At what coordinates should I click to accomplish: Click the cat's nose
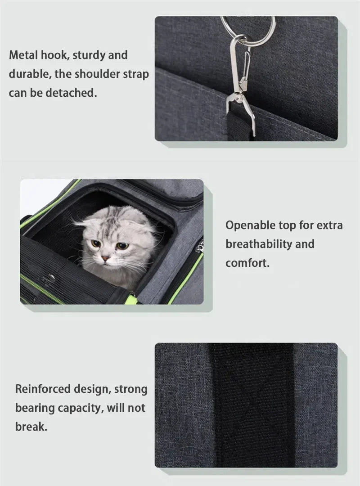pos(105,258)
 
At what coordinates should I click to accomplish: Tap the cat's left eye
pos(95,243)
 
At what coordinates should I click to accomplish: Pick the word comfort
pos(247,263)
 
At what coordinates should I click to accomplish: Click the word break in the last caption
pos(31,427)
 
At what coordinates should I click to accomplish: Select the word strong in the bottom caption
pos(130,389)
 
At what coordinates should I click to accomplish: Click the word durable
pos(29,74)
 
